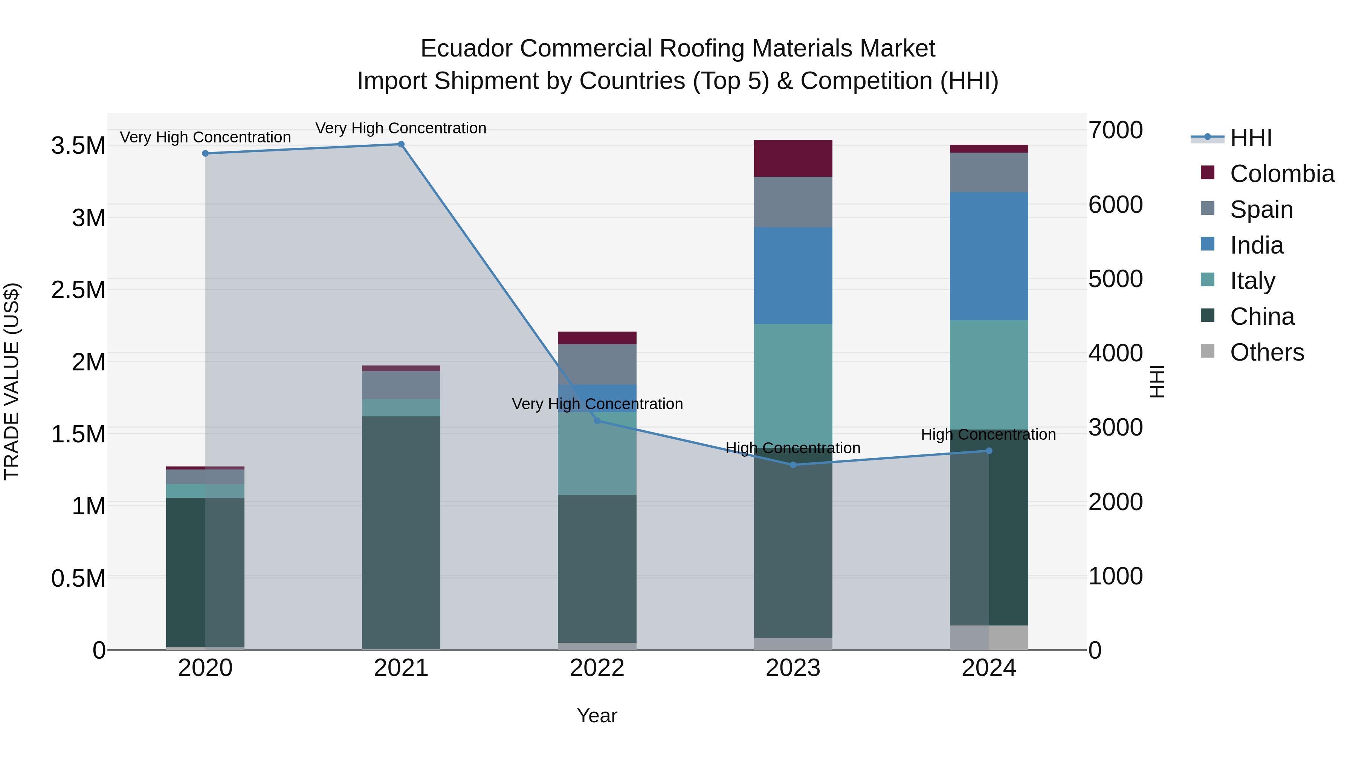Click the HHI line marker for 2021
tap(401, 144)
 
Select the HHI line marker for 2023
tap(793, 465)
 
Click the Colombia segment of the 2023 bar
tap(793, 158)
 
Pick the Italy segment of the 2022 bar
tap(597, 453)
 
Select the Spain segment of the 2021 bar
tap(401, 385)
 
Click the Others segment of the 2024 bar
tap(989, 637)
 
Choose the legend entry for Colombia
tap(1282, 174)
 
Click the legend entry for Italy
tap(1252, 281)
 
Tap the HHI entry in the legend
tap(1250, 138)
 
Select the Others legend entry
tap(1266, 352)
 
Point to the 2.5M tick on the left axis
tap(78, 290)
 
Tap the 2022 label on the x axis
tap(597, 668)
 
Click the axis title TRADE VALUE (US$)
tap(12, 381)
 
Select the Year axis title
tap(597, 716)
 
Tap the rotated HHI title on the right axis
tap(1157, 381)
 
